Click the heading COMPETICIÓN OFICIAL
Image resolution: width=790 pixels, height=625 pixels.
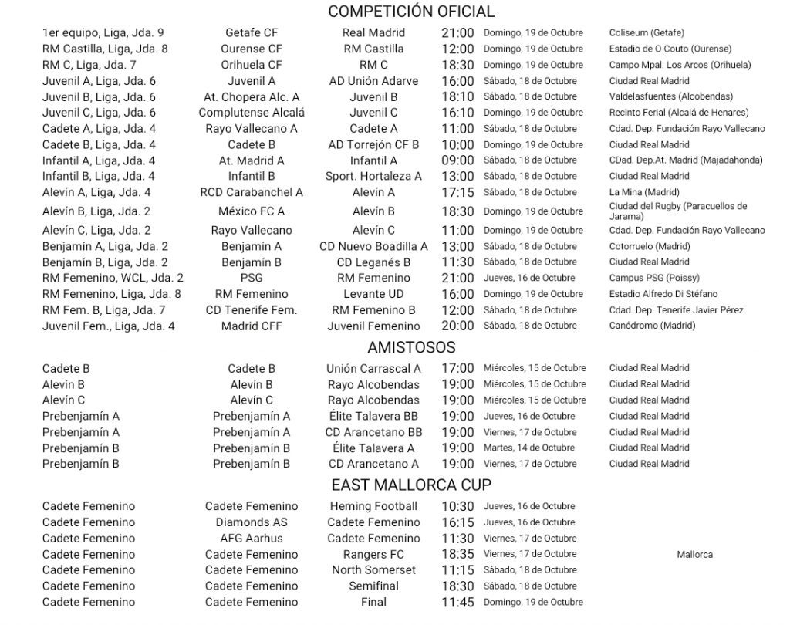pos(411,12)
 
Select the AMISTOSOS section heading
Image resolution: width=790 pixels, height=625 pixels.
pos(411,347)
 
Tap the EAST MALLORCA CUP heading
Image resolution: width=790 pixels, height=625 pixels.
pos(411,485)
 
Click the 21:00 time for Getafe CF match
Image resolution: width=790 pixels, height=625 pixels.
pos(457,33)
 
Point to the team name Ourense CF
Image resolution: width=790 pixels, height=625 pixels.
pos(252,49)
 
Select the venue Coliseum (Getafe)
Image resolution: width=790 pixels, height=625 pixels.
pos(647,33)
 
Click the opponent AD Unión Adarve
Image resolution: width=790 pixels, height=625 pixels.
pos(373,81)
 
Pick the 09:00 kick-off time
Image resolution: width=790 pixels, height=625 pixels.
pos(457,160)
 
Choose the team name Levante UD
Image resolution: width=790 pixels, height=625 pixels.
pos(373,294)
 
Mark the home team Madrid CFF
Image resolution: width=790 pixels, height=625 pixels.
pos(252,326)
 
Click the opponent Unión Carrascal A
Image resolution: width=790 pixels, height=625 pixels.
pos(373,369)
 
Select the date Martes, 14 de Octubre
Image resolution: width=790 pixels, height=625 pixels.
pos(529,448)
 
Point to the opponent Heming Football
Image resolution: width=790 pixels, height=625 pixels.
pos(373,507)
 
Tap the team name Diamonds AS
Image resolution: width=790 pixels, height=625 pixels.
pos(252,522)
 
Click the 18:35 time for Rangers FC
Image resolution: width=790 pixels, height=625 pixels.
pos(457,555)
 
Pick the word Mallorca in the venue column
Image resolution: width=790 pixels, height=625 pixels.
pos(695,555)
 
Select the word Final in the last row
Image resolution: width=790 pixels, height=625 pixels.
pos(373,603)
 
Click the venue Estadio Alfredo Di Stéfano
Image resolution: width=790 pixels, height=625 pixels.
pos(663,294)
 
